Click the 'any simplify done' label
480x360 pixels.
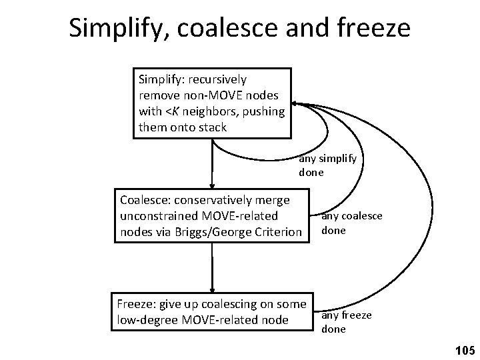pos(327,165)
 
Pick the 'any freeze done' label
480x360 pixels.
pos(347,322)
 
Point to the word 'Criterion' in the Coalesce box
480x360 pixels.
pos(280,232)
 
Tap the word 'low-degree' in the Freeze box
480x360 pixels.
pos(146,320)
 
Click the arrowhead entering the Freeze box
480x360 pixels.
pos(212,289)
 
